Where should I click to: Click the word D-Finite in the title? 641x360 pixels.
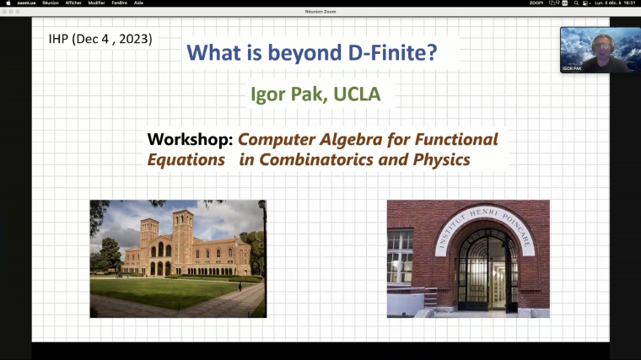pyautogui.click(x=392, y=53)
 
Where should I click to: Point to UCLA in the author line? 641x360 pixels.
pyautogui.click(x=357, y=94)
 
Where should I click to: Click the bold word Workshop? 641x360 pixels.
pyautogui.click(x=189, y=139)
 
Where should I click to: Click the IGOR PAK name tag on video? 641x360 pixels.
pyautogui.click(x=573, y=67)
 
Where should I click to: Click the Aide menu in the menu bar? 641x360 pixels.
pyautogui.click(x=139, y=3)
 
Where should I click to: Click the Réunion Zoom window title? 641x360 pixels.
pyautogui.click(x=320, y=12)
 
